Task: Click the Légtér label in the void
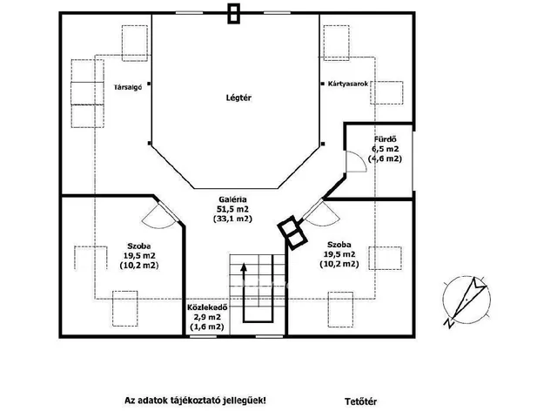pos(238,98)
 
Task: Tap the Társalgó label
pos(128,87)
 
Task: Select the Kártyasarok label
pos(348,84)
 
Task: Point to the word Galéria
pos(232,199)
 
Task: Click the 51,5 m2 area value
pos(232,209)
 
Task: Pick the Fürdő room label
pos(385,139)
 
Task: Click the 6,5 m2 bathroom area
pos(385,149)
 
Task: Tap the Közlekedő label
pos(207,307)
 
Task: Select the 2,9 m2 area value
pos(207,317)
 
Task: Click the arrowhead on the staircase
pos(244,267)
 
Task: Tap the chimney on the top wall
pos(233,14)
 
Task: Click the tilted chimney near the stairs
pos(292,233)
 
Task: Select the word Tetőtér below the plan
pos(360,401)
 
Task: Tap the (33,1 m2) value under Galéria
pos(232,219)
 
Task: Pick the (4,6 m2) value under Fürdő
pos(385,158)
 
